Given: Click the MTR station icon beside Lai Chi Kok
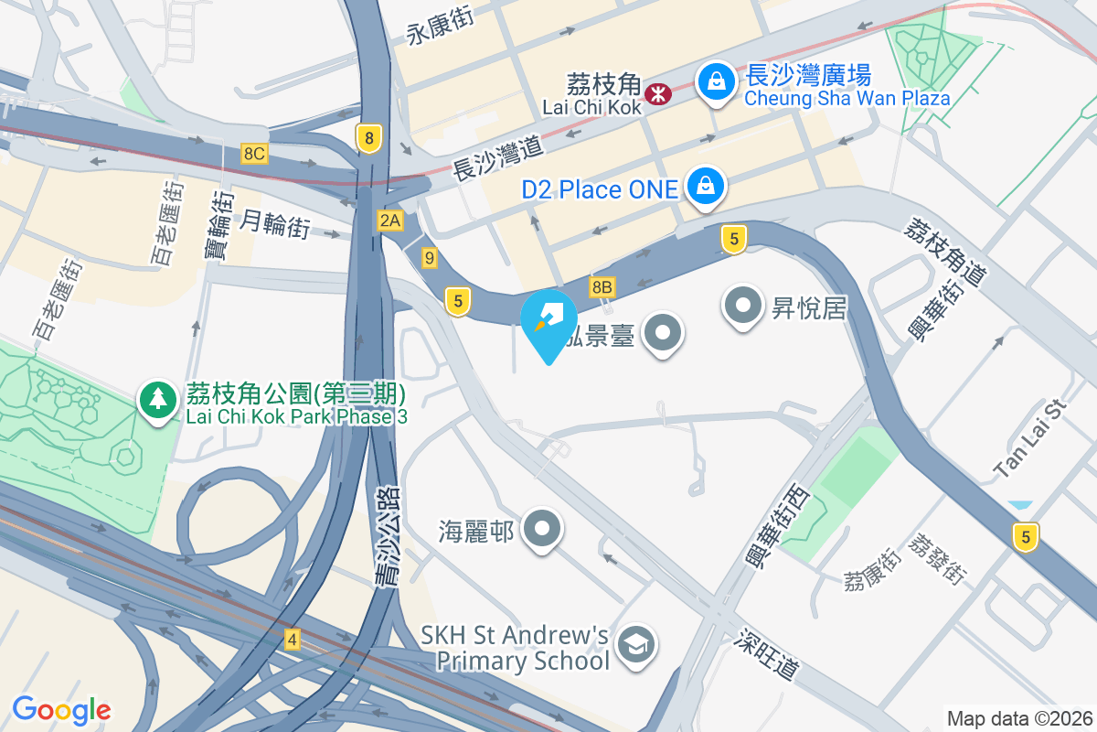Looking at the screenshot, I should click(657, 93).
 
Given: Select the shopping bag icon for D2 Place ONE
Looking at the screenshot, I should click(706, 187).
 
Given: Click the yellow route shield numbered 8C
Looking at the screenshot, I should click(254, 154).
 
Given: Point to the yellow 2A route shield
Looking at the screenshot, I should click(390, 220).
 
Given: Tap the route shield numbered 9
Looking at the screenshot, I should click(430, 258).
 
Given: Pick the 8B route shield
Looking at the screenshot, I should click(602, 287).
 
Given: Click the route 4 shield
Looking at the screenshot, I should click(293, 639).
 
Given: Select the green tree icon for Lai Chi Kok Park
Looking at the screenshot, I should click(158, 400).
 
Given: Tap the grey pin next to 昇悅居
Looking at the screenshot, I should click(743, 306).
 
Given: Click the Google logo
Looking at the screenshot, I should click(61, 709).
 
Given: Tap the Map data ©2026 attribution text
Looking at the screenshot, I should click(1019, 718).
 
